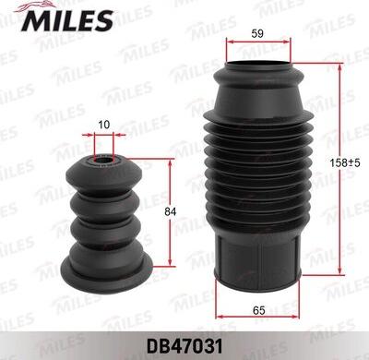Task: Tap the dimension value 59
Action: pos(257,35)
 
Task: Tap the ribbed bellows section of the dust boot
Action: pos(257,171)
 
